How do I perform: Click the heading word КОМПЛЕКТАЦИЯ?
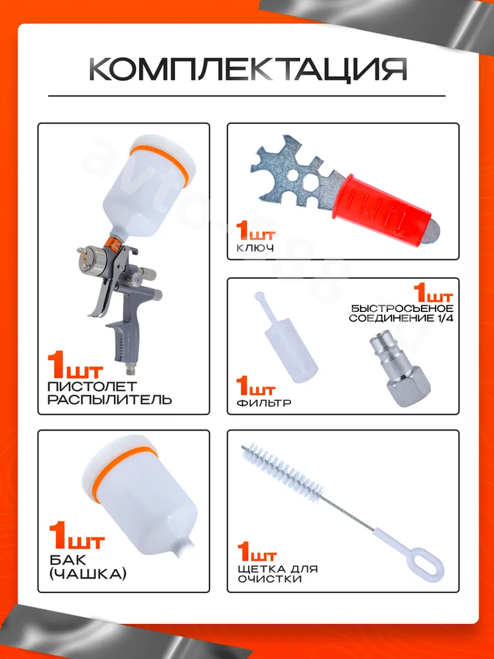pos(248,69)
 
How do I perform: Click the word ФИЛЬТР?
pos(263,403)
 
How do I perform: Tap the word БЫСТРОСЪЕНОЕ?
pos(402,309)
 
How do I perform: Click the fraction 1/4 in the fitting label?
pos(444,319)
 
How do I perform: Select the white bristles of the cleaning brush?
pos(282,471)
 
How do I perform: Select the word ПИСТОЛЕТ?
pos(92,385)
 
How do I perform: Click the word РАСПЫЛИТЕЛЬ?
pos(110,399)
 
